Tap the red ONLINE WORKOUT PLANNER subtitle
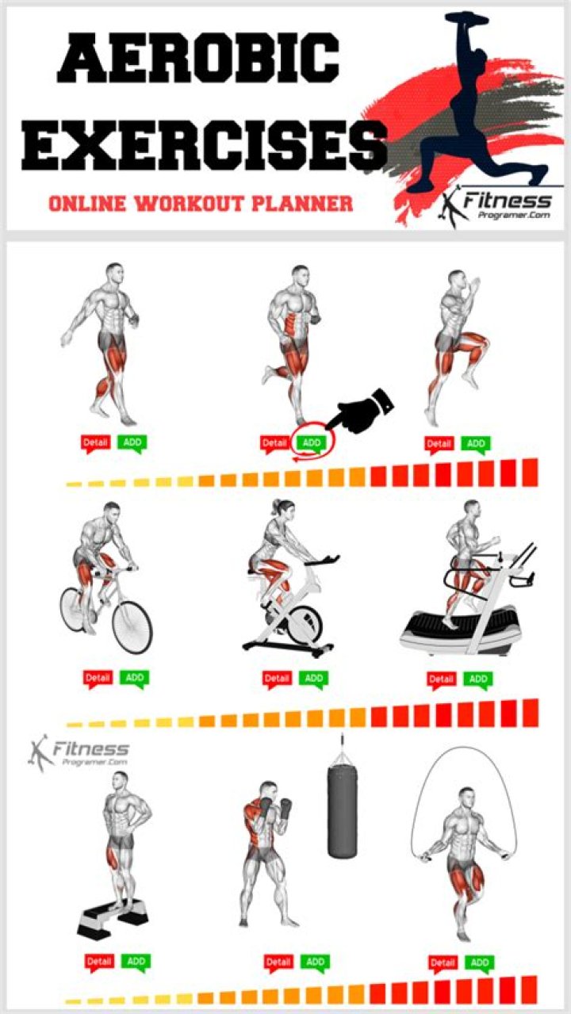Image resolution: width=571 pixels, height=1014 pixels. [201, 203]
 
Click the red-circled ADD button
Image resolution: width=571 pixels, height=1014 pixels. [312, 443]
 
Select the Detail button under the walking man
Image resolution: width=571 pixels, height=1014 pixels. [94, 443]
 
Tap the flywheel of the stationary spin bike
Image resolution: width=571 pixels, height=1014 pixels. [305, 625]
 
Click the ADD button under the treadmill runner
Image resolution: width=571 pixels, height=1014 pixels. [477, 679]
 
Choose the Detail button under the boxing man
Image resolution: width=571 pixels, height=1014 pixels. [278, 962]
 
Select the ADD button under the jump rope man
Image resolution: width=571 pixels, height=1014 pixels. [479, 962]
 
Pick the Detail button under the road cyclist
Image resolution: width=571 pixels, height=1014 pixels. [98, 678]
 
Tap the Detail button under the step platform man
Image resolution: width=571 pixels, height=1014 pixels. [99, 962]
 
